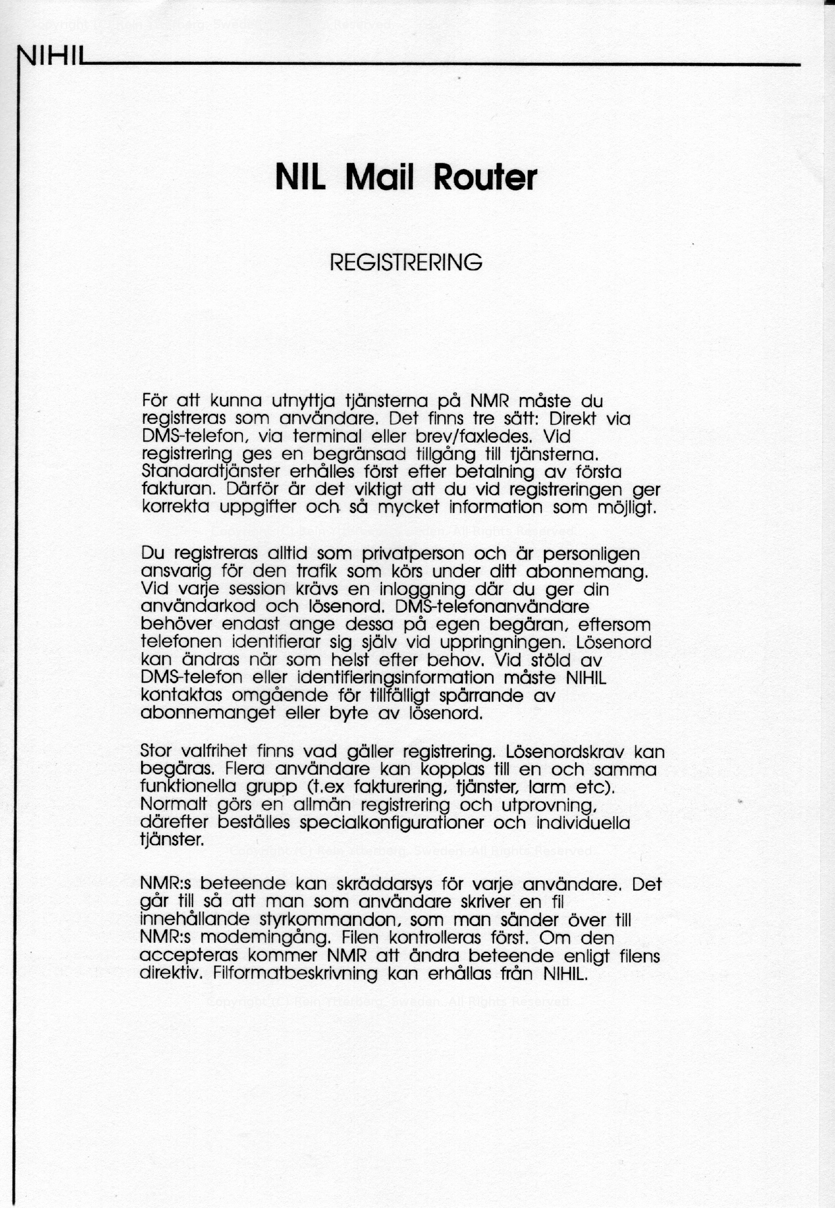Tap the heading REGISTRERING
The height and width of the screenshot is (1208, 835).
pos(406,262)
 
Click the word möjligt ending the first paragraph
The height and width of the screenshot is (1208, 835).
pos(626,507)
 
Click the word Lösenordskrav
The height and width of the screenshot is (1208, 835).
pos(566,752)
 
